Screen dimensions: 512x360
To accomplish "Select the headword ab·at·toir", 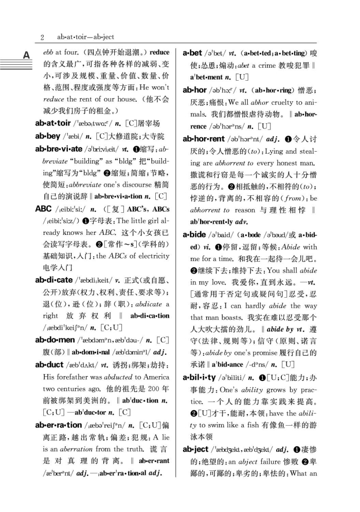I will (x=53, y=123).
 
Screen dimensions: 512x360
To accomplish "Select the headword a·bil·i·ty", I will (x=199, y=378).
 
